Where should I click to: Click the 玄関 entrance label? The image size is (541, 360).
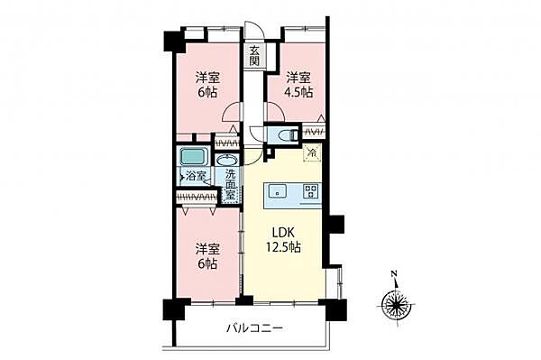255,55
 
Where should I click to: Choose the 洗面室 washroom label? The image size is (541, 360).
231,184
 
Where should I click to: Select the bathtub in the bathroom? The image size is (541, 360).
191,154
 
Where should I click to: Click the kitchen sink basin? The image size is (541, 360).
277,190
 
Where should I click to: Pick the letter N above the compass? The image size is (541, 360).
393,273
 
